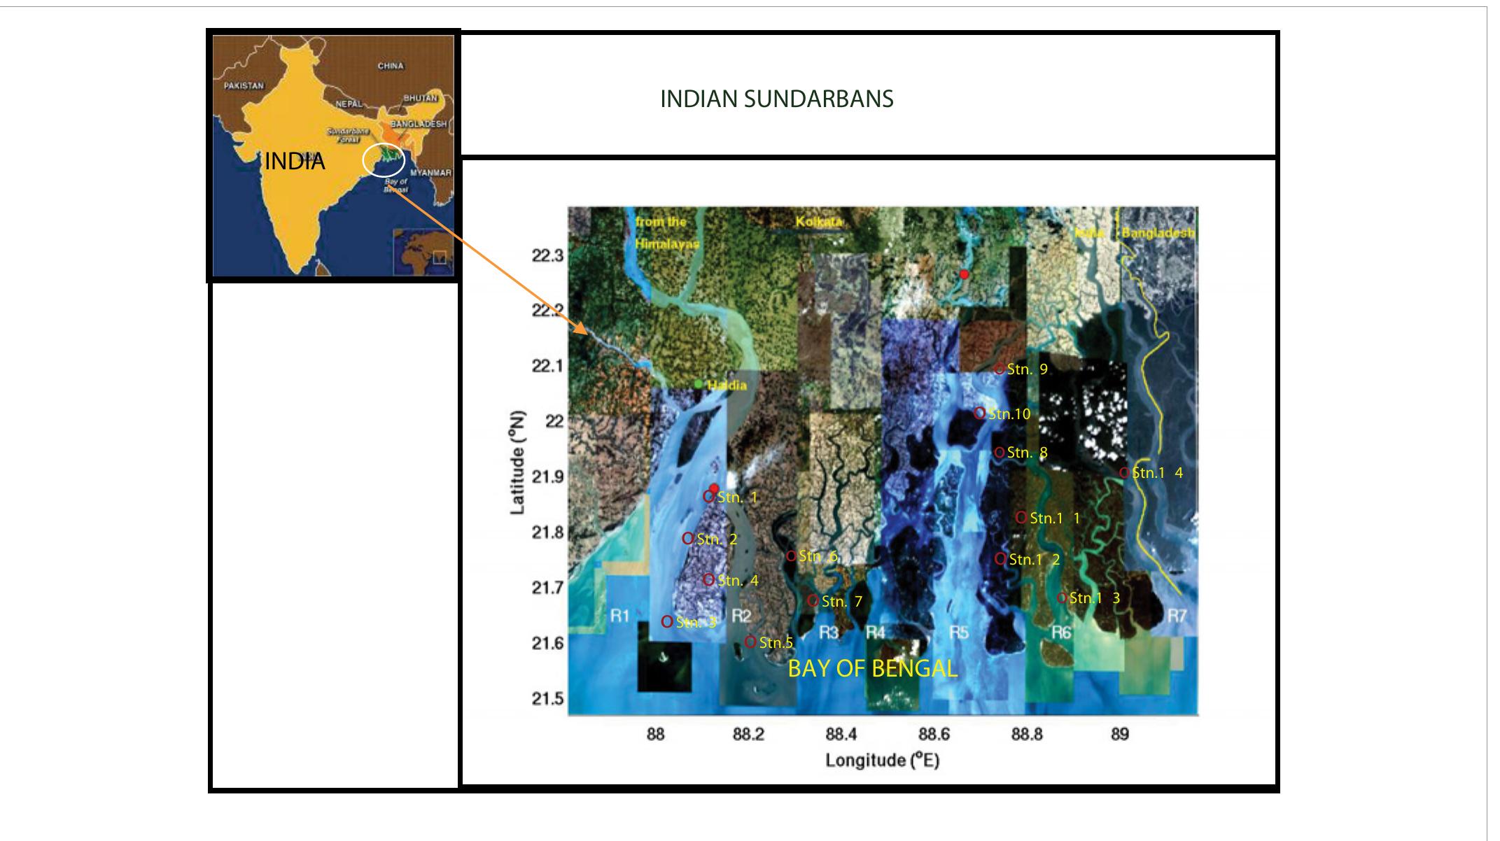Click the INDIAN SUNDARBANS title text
pos(776,99)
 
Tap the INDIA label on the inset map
pos(295,162)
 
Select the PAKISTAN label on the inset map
pos(244,86)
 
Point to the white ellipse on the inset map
pos(384,160)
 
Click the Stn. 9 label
pos(1027,369)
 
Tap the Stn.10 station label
pos(1009,414)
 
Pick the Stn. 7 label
pos(841,602)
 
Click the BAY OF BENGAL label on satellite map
pos(872,669)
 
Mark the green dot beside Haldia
pos(699,384)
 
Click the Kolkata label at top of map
pos(819,222)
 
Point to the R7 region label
pos(1177,616)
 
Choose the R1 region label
pos(620,616)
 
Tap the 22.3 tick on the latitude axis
pos(547,256)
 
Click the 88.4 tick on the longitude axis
pos(841,735)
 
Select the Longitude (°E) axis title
pos(882,761)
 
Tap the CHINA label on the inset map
pos(391,66)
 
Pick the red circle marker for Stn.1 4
pos(1124,473)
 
